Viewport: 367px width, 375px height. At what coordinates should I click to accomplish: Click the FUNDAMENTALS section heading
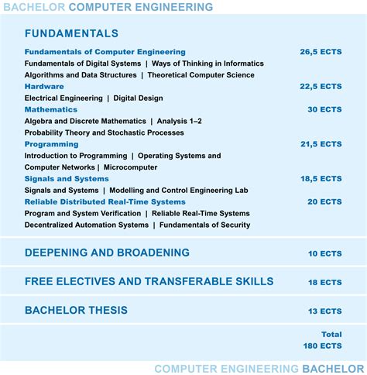click(71, 33)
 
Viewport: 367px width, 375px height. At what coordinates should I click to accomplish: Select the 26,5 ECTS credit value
click(321, 52)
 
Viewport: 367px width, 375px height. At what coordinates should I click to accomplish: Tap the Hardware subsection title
click(44, 87)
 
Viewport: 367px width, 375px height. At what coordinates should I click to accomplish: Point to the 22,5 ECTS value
click(321, 87)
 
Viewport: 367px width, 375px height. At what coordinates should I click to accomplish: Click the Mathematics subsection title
click(51, 110)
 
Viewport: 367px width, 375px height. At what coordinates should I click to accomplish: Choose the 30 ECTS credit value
click(324, 110)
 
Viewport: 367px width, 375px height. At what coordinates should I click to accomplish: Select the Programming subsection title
click(52, 144)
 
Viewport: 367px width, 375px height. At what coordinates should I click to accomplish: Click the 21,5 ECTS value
click(321, 144)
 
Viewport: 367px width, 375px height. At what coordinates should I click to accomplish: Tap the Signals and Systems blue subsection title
click(67, 179)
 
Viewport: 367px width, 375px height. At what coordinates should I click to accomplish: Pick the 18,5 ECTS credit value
click(321, 179)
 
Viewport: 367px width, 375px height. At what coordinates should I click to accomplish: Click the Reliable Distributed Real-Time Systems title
click(105, 202)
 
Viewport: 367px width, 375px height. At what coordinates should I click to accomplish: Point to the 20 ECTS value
click(324, 202)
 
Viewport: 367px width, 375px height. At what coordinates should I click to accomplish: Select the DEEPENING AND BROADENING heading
click(107, 253)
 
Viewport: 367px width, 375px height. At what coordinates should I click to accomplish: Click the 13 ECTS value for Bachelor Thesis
click(324, 311)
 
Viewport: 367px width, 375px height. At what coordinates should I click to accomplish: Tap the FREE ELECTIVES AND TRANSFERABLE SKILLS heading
click(149, 281)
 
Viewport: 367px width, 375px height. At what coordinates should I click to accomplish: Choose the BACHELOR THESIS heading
click(76, 311)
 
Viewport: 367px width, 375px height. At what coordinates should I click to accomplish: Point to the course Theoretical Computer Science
click(201, 75)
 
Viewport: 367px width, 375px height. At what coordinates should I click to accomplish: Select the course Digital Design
click(139, 98)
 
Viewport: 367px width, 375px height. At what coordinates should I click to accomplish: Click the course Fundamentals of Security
click(201, 225)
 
